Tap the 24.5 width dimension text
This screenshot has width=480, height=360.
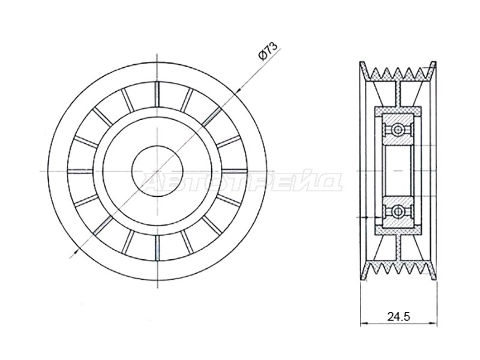[398, 317]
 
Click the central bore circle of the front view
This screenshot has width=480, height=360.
[157, 171]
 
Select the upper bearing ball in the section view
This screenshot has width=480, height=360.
[398, 129]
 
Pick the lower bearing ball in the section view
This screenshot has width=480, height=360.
[398, 211]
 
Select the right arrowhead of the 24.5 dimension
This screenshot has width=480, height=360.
[433, 324]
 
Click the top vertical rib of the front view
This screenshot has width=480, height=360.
[157, 94]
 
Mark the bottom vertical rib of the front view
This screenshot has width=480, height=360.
[157, 248]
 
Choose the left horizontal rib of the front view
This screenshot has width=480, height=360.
[80, 171]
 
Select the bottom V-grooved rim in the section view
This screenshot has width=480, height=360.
[398, 269]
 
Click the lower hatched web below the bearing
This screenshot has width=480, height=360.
[398, 247]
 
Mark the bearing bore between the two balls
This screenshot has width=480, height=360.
[398, 170]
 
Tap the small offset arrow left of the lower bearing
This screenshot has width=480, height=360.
[364, 217]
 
